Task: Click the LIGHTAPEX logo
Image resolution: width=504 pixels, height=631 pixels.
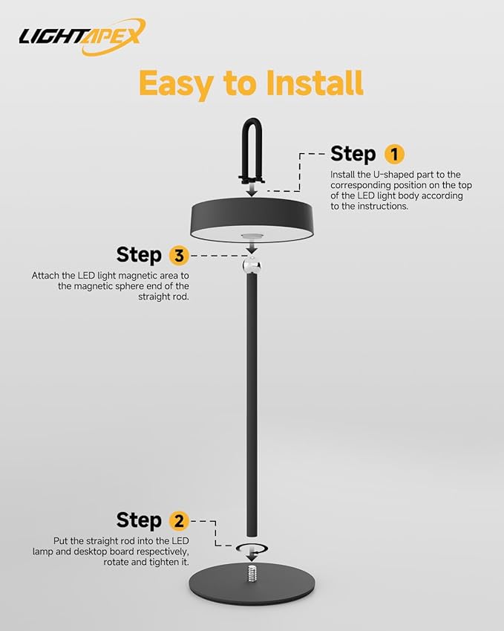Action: pos(82,36)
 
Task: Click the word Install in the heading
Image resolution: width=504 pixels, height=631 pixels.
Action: pos(315,82)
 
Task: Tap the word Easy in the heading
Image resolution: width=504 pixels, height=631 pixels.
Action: pos(176,84)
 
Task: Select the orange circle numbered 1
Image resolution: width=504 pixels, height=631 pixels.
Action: pos(394,154)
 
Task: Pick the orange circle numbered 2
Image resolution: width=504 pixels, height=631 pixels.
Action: pos(179,521)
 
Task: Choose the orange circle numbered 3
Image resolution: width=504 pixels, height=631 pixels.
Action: pos(179,255)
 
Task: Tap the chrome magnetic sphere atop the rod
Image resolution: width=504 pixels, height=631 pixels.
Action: pos(252,265)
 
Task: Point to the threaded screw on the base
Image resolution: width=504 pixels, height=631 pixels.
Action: pos(252,574)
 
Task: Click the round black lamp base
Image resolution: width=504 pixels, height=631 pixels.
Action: pos(252,585)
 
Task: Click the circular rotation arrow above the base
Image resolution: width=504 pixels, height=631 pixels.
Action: pos(252,548)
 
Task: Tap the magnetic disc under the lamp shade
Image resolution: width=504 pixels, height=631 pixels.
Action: pos(252,236)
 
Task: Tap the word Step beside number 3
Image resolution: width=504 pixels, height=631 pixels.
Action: pos(139,255)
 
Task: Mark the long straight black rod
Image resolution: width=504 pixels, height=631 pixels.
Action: pos(252,404)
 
